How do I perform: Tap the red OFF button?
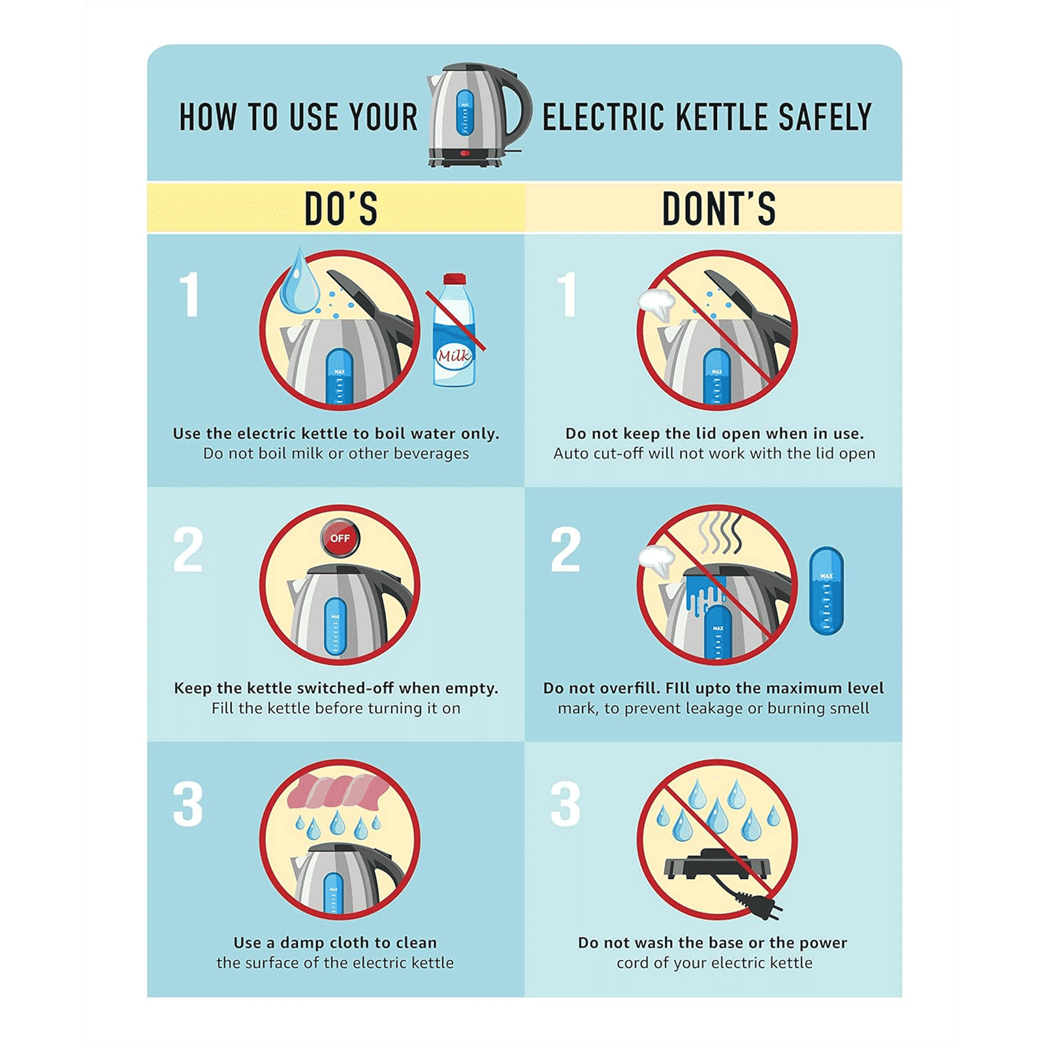point(340,538)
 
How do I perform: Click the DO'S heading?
point(341,209)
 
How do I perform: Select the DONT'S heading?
point(718,209)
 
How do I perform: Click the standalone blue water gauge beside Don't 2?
point(826,591)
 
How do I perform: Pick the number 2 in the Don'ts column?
point(566,550)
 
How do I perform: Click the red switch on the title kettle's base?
point(465,154)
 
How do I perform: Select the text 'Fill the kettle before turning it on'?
point(336,708)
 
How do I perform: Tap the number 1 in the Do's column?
point(189,295)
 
